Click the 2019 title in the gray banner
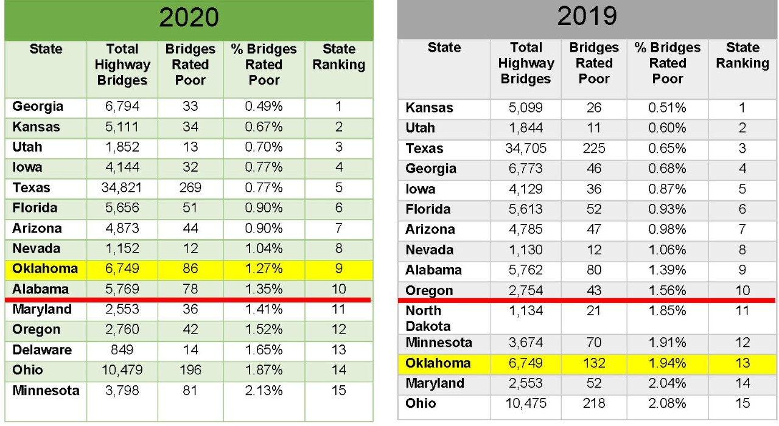point(587,17)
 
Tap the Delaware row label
point(42,350)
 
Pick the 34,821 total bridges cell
point(122,187)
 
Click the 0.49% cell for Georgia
point(264,106)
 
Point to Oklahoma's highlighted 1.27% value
point(264,268)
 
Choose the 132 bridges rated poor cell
point(594,363)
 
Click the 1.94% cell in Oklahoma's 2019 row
point(667,363)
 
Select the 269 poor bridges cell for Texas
point(190,187)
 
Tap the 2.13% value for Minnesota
point(264,390)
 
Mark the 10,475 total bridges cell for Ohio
point(526,403)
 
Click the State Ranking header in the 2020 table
point(338,57)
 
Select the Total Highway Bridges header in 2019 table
point(526,63)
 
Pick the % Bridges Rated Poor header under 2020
point(264,65)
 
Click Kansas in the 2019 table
point(429,108)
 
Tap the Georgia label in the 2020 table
point(38,106)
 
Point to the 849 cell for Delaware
point(122,350)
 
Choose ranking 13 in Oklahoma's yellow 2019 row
point(742,363)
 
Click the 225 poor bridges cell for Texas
point(594,148)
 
